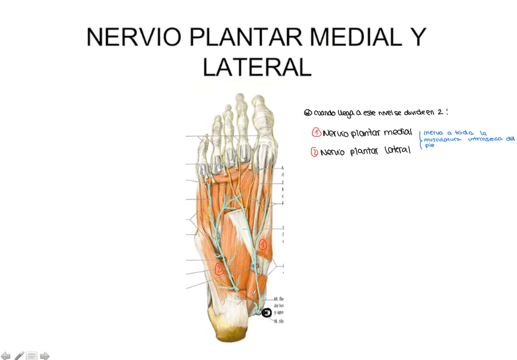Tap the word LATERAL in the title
(x=257, y=67)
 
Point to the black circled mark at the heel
(x=266, y=313)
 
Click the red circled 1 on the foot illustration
(x=263, y=244)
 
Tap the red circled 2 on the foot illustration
(x=218, y=268)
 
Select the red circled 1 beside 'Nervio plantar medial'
(x=316, y=133)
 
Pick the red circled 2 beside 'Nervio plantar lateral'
(x=315, y=153)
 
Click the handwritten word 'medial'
(x=398, y=132)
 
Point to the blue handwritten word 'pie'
(x=430, y=146)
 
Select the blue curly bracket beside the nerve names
(x=420, y=139)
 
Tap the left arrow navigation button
(x=6, y=356)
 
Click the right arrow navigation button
(x=45, y=356)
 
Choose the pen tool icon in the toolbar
(x=19, y=356)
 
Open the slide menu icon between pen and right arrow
(x=32, y=356)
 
